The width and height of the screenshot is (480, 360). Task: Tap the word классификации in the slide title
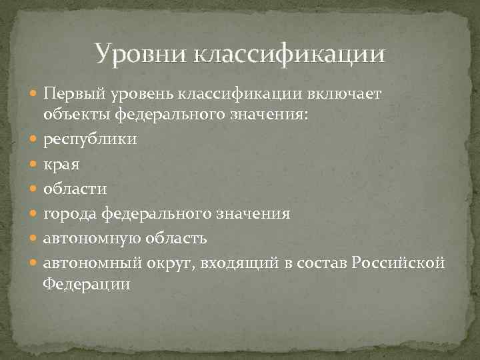click(x=289, y=54)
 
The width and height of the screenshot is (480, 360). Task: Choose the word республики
click(x=90, y=139)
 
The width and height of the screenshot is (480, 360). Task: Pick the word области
click(x=75, y=189)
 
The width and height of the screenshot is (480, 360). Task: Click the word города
click(x=71, y=214)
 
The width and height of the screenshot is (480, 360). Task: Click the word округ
click(x=174, y=263)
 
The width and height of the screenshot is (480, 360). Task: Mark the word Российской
click(x=402, y=263)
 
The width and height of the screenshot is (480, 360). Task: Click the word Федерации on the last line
click(x=87, y=283)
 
